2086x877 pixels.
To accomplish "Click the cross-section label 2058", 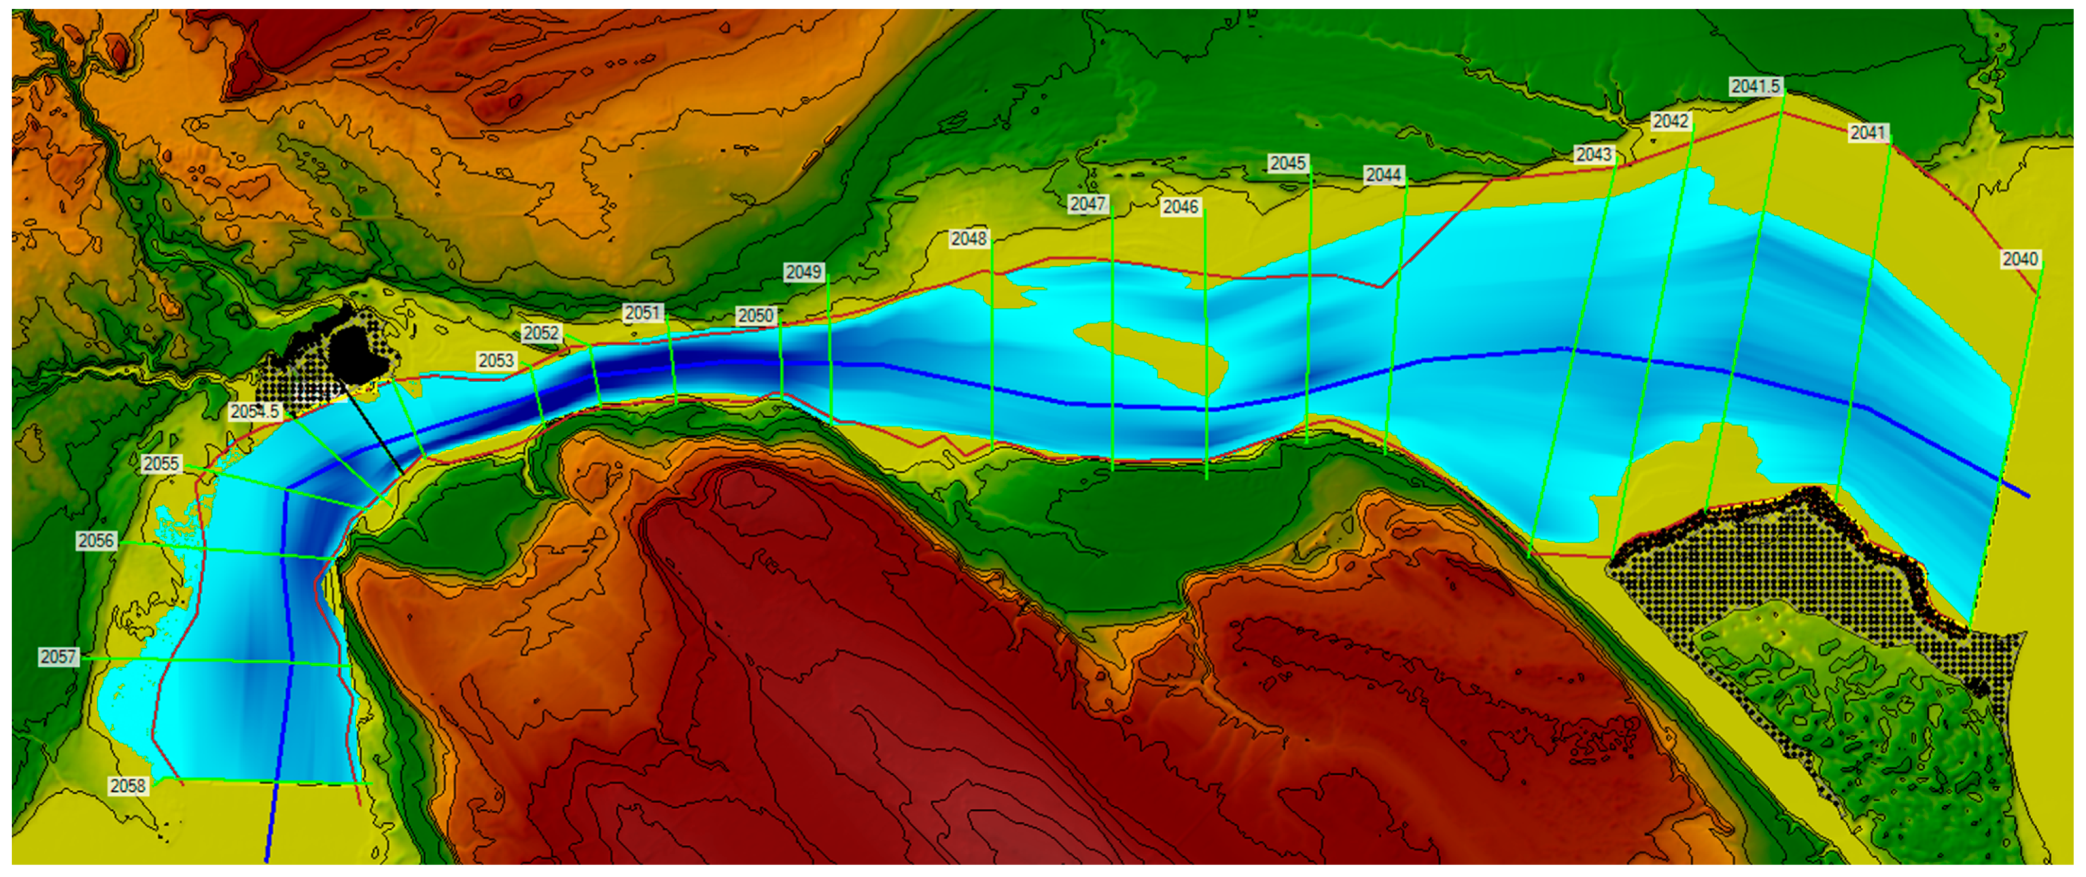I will [128, 786].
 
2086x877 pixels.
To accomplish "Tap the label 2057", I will [58, 657].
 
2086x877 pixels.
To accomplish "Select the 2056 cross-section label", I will [96, 540].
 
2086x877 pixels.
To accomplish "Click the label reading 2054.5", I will [254, 411].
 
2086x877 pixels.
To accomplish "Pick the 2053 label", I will [495, 361].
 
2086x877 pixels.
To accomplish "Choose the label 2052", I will [541, 333].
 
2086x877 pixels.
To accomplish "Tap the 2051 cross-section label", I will [643, 313].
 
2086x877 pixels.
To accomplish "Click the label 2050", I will [755, 316].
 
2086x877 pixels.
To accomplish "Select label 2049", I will [803, 272].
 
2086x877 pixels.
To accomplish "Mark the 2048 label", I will [968, 239].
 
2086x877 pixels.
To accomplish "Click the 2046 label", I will [1180, 207].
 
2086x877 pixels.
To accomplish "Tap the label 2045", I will [1287, 163].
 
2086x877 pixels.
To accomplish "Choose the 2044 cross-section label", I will [1383, 175].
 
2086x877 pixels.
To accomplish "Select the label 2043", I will [1594, 154].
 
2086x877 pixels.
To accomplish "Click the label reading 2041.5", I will [1756, 86].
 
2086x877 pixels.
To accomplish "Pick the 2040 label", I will [2020, 259].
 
